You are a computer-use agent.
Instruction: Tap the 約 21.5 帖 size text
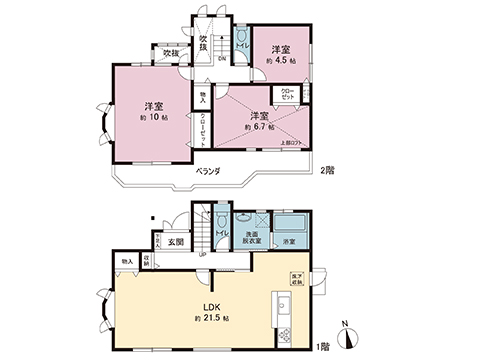[212, 317]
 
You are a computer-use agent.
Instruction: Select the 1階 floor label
[322, 346]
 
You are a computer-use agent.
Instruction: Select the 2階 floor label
[328, 170]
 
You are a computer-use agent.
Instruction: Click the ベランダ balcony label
[208, 172]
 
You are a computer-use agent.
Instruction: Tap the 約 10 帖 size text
[153, 118]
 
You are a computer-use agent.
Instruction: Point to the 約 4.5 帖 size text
[279, 60]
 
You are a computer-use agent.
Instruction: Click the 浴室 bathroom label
[289, 243]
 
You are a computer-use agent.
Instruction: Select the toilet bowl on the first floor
[219, 224]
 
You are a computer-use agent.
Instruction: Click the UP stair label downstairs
[203, 254]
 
